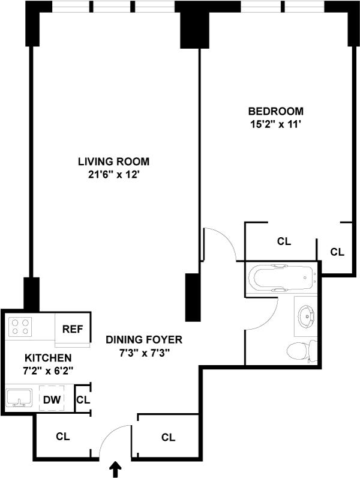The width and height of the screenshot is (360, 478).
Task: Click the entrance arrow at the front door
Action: coord(115,470)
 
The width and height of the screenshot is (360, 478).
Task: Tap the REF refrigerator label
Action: coord(73,329)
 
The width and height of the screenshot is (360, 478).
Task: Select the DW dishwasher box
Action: coord(52,399)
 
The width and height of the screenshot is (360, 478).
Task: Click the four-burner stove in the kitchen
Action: coord(20,327)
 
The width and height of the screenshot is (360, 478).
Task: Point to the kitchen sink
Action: coord(19,398)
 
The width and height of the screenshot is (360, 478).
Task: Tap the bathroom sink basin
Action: coord(307,317)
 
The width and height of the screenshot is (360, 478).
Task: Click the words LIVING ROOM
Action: coord(113,162)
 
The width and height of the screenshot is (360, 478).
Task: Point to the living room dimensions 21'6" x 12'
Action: coord(113,175)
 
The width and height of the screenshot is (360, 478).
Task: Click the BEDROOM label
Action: coord(275,111)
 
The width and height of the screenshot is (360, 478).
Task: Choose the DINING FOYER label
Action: coord(144,340)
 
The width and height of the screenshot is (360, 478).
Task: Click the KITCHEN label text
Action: coord(48,357)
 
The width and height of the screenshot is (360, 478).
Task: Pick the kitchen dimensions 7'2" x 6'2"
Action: coord(48,371)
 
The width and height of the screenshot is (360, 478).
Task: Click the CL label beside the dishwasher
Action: coord(83,400)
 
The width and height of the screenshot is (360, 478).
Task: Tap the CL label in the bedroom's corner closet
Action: coord(337,252)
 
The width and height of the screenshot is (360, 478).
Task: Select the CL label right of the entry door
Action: coord(168,437)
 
